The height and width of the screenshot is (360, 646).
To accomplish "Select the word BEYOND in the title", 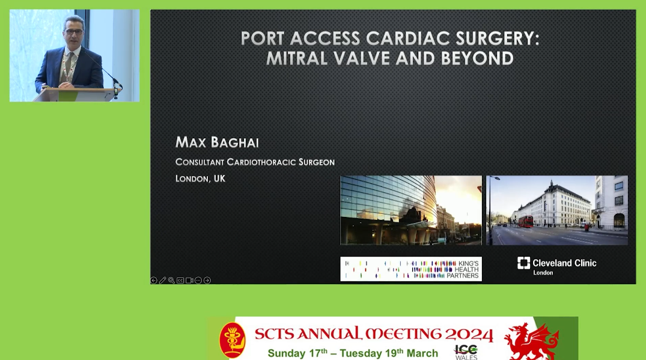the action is [x=477, y=58].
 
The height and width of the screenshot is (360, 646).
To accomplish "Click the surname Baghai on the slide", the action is [x=235, y=142].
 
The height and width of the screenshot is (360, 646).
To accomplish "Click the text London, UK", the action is [x=200, y=178].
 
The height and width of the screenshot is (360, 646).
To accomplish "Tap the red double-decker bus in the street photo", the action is [x=526, y=222].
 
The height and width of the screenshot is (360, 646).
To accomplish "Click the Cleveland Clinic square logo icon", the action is [x=523, y=263].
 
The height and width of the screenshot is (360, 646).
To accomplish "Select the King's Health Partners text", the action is [x=463, y=269].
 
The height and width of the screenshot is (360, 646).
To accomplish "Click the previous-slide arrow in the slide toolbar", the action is [x=154, y=281].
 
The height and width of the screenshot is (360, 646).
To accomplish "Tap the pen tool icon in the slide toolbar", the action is [x=163, y=281].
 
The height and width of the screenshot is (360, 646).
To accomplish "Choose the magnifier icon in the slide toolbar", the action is [x=171, y=281].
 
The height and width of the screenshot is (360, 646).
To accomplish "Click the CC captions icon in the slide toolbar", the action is [x=180, y=281].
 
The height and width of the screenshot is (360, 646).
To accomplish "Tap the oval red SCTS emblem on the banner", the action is [x=233, y=340].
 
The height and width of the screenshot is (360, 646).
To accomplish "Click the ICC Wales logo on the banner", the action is [x=466, y=352].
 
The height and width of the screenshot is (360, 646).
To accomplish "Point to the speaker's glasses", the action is [x=74, y=31].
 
